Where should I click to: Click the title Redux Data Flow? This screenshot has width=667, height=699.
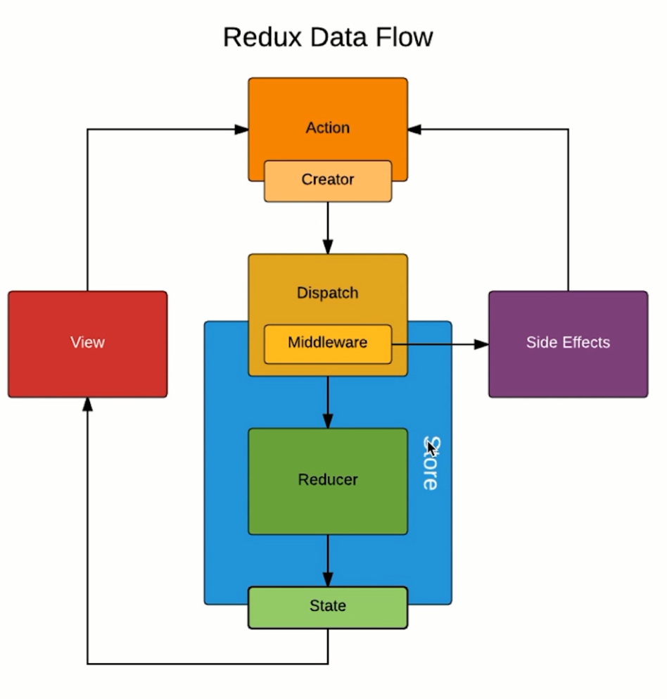pyautogui.click(x=327, y=37)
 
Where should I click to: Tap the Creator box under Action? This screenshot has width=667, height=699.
pyautogui.click(x=327, y=180)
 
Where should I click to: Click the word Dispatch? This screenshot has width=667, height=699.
pyautogui.click(x=327, y=293)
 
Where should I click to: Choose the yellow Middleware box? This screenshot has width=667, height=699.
pyautogui.click(x=327, y=344)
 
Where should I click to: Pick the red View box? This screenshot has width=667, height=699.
pyautogui.click(x=87, y=344)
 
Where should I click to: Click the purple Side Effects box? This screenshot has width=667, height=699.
pyautogui.click(x=568, y=344)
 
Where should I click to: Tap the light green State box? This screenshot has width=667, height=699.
pyautogui.click(x=327, y=607)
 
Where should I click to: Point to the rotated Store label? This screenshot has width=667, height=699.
pyautogui.click(x=431, y=465)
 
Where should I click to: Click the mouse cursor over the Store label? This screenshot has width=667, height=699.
pyautogui.click(x=431, y=448)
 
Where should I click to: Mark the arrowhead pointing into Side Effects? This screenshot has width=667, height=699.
pyautogui.click(x=481, y=344)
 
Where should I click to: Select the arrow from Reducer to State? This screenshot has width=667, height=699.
pyautogui.click(x=327, y=560)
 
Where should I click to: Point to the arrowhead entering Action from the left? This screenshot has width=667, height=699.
pyautogui.click(x=241, y=130)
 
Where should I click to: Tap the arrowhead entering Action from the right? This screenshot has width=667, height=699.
pyautogui.click(x=414, y=130)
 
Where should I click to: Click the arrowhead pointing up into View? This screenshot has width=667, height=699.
pyautogui.click(x=87, y=404)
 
